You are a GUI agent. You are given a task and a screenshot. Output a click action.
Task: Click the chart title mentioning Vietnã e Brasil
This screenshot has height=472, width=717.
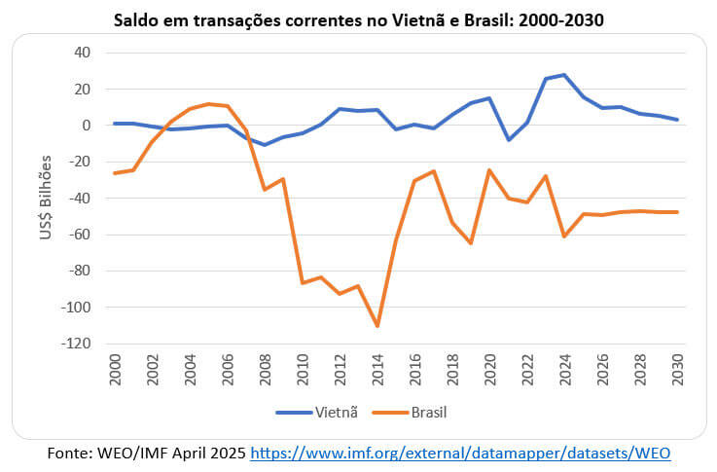pos(358,19)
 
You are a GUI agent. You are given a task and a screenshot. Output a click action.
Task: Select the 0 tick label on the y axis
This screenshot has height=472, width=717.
pos(86,126)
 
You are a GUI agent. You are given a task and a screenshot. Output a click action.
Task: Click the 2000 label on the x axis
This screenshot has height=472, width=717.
pos(116,368)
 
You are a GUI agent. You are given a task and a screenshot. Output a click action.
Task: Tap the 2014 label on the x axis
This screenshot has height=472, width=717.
pos(376,368)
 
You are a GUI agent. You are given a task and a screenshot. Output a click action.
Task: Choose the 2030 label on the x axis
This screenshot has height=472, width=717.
pos(675,368)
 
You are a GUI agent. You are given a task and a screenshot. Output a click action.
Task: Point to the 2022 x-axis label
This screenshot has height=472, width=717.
pos(526,368)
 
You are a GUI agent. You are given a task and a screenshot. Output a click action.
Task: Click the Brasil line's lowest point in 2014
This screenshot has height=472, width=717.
pos(376,326)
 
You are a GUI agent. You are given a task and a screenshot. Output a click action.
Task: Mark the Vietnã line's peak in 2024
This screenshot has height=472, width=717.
pos(563,75)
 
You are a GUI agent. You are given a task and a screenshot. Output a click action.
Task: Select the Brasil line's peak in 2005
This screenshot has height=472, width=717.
pos(209,104)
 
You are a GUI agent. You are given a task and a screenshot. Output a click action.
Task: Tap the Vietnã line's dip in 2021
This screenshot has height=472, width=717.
pos(508,140)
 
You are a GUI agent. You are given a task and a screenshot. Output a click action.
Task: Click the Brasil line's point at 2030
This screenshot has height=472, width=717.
pos(675,212)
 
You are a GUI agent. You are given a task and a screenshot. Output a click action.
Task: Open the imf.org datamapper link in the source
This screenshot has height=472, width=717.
pos(461,454)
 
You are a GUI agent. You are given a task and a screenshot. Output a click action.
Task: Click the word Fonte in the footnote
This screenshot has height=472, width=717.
pos(70,454)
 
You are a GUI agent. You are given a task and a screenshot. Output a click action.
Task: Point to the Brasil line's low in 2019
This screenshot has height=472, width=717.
pos(470,243)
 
